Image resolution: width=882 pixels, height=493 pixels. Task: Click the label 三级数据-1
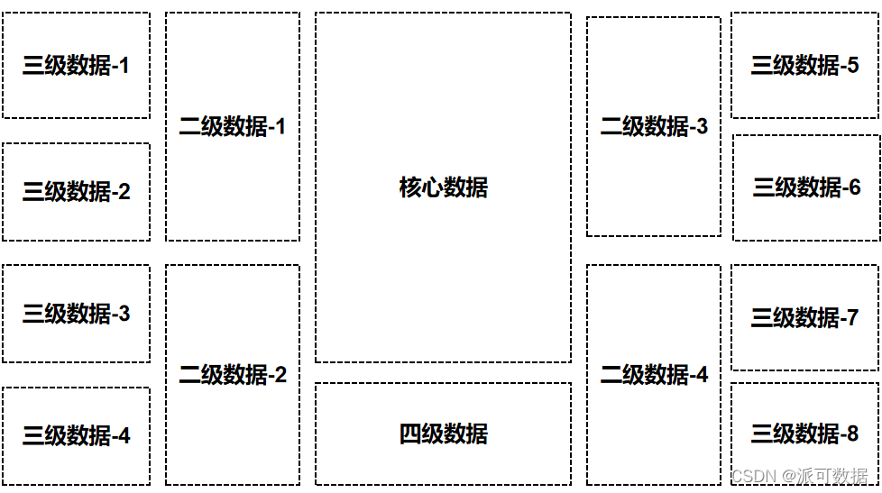(x=76, y=66)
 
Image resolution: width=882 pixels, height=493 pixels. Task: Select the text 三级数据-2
(x=76, y=192)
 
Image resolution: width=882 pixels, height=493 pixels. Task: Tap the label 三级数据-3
(x=76, y=314)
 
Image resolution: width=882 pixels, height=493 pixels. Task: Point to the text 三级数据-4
(x=76, y=436)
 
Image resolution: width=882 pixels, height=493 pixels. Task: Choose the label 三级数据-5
(x=804, y=66)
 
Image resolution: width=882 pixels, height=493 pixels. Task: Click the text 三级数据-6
(x=806, y=187)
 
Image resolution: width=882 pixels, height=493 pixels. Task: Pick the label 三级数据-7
(x=804, y=318)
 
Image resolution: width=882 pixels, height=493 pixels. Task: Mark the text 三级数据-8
(x=804, y=434)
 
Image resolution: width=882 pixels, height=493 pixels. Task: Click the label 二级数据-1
(x=232, y=127)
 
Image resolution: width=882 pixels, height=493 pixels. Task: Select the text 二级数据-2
(x=232, y=375)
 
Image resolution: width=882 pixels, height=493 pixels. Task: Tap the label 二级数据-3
(x=654, y=127)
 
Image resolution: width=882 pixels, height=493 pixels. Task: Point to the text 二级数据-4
(x=654, y=375)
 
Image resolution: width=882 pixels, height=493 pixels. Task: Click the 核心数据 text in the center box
(x=443, y=187)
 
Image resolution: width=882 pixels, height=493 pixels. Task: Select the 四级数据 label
(x=443, y=434)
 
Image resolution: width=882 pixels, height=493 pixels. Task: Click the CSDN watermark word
(x=753, y=476)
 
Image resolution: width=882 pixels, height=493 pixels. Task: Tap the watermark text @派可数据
(x=826, y=476)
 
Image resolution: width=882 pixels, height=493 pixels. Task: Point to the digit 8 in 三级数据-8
(x=851, y=435)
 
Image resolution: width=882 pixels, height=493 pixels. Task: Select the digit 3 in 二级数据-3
(x=702, y=127)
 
